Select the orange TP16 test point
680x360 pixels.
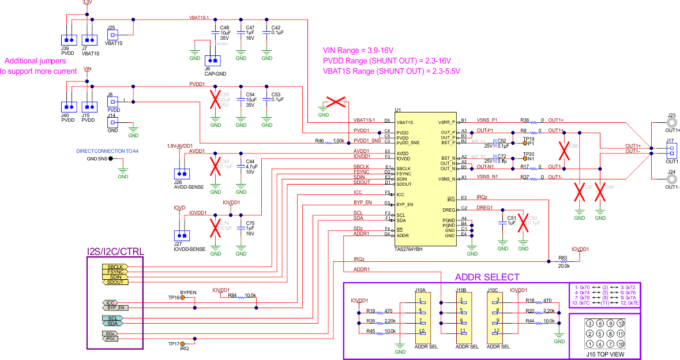[183, 298]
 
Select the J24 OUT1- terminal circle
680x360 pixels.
[670, 175]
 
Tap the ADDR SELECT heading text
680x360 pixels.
[487, 277]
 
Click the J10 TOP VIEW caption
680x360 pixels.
[604, 354]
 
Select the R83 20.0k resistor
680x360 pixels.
[563, 261]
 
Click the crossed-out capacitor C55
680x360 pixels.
[216, 102]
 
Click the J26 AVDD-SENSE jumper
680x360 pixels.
[182, 174]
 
